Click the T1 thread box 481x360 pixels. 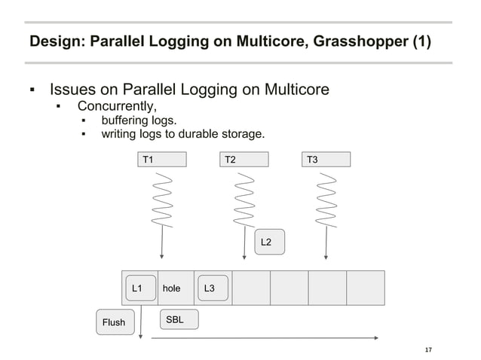pyautogui.click(x=162, y=159)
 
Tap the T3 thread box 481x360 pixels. pyautogui.click(x=326, y=159)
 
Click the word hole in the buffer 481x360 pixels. pyautogui.click(x=172, y=288)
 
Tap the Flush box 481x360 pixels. pyautogui.click(x=114, y=322)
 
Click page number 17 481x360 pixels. pyautogui.click(x=429, y=350)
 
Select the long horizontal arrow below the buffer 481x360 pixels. pyautogui.click(x=264, y=338)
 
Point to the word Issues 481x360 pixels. pyautogui.click(x=72, y=90)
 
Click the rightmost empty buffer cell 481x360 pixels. pyautogui.click(x=366, y=287)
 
